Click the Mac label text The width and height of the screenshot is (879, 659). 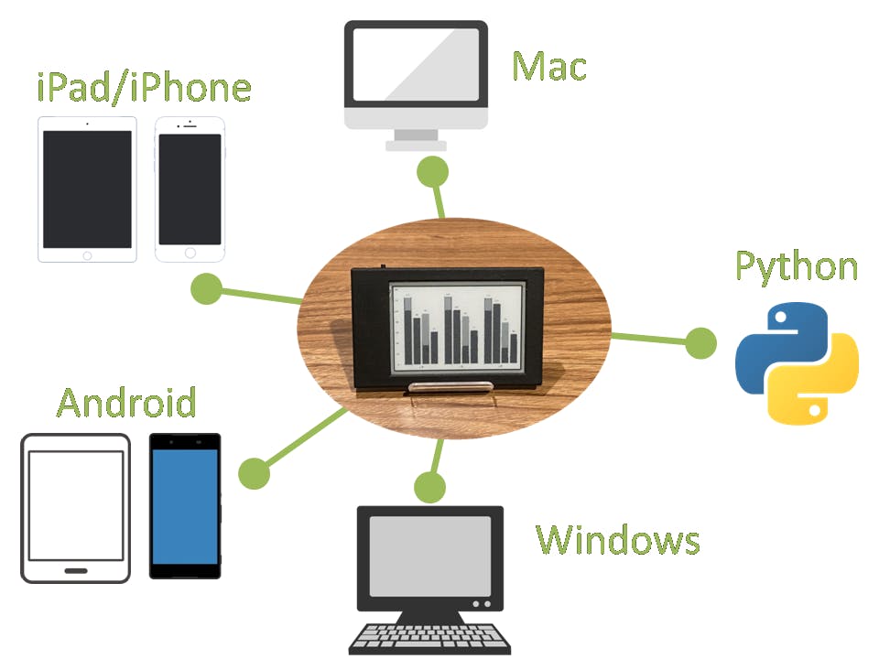point(548,66)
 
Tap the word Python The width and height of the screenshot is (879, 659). point(797,268)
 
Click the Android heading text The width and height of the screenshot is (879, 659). point(127,402)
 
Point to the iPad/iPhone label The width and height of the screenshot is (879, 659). point(144,89)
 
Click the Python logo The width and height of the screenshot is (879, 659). point(798,363)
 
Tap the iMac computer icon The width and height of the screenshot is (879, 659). point(415,78)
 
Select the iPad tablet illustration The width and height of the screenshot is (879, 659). point(87,189)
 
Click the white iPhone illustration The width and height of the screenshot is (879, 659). point(190,189)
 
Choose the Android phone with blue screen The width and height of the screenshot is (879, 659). point(185,505)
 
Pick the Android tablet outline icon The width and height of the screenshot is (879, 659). point(76,507)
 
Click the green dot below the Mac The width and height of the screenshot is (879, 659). point(432,171)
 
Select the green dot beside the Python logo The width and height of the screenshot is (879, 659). point(701,343)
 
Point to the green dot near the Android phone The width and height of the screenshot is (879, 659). point(255,473)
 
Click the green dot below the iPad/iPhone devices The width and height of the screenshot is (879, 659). point(206,288)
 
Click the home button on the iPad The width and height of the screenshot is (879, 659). point(87,254)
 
